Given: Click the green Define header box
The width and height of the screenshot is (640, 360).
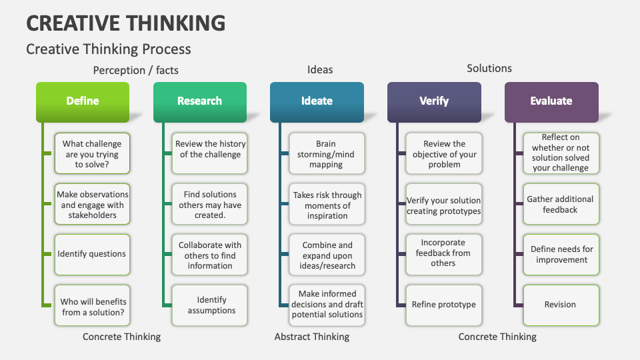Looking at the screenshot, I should tap(83, 101).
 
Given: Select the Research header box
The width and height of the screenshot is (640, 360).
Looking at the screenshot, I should tap(199, 101).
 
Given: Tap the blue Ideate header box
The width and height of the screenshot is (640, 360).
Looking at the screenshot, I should tap(317, 101).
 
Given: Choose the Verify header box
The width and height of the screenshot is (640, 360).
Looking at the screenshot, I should tap(434, 101).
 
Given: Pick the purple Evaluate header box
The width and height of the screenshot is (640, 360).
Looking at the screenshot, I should tap(551, 101).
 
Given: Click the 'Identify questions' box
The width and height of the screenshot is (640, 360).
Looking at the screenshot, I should tap(92, 254).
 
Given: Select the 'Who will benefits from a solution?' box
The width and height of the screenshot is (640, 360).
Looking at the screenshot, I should tap(92, 307).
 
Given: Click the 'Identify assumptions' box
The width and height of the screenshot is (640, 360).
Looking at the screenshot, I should tap(210, 305).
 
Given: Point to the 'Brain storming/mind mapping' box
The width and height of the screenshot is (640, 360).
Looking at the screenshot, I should tap(327, 154).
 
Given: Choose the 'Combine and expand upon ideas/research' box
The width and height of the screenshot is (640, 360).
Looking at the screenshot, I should tap(327, 255).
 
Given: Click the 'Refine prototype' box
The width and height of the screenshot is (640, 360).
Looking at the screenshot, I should tap(443, 305).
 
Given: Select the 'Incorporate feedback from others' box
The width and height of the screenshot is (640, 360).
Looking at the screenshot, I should tap(443, 253).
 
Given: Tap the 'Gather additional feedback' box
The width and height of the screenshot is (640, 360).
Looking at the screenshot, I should tap(560, 205).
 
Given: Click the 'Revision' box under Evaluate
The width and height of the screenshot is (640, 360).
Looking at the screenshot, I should tap(560, 305).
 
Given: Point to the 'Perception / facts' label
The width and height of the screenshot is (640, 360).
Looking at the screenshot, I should tap(135, 70).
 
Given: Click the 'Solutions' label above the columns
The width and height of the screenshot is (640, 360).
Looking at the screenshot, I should tap(489, 68).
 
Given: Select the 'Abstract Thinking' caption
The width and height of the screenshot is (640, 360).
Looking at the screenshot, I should tap(311, 337).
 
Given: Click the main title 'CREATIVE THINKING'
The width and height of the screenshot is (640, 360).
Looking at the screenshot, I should tap(125, 23).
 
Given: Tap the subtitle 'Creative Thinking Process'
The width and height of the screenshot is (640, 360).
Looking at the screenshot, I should tap(108, 49).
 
